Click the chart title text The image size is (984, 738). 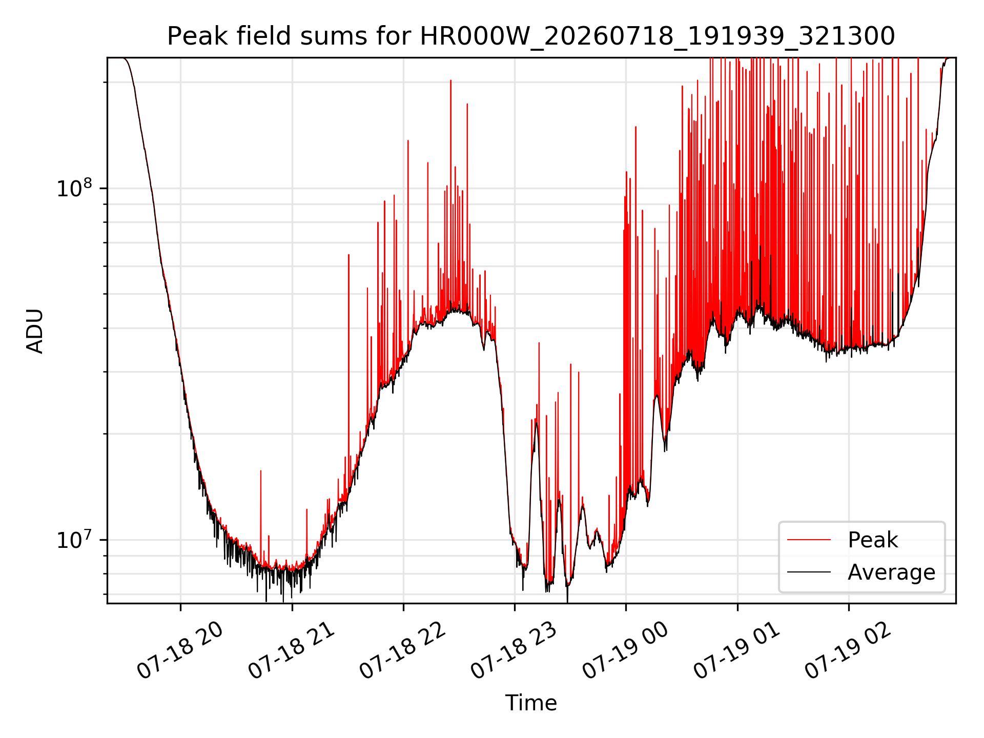pyautogui.click(x=531, y=36)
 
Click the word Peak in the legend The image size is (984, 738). pyautogui.click(x=873, y=540)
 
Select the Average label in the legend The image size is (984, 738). pyautogui.click(x=891, y=572)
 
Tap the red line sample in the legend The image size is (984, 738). pyautogui.click(x=809, y=540)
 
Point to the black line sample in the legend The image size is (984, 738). pyautogui.click(x=809, y=572)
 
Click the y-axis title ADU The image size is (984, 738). pyautogui.click(x=35, y=331)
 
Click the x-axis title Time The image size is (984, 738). pyautogui.click(x=531, y=703)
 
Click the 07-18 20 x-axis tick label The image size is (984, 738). pyautogui.click(x=180, y=651)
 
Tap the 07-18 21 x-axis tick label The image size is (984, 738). pyautogui.click(x=291, y=651)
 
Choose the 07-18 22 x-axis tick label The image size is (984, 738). pyautogui.click(x=402, y=651)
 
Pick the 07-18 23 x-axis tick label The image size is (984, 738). pyautogui.click(x=514, y=651)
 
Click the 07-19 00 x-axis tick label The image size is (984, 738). pyautogui.click(x=625, y=651)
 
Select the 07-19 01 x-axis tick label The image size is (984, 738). pyautogui.click(x=736, y=651)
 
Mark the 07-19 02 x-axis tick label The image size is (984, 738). pyautogui.click(x=848, y=651)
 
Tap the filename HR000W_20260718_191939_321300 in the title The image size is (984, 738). pyautogui.click(x=658, y=37)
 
